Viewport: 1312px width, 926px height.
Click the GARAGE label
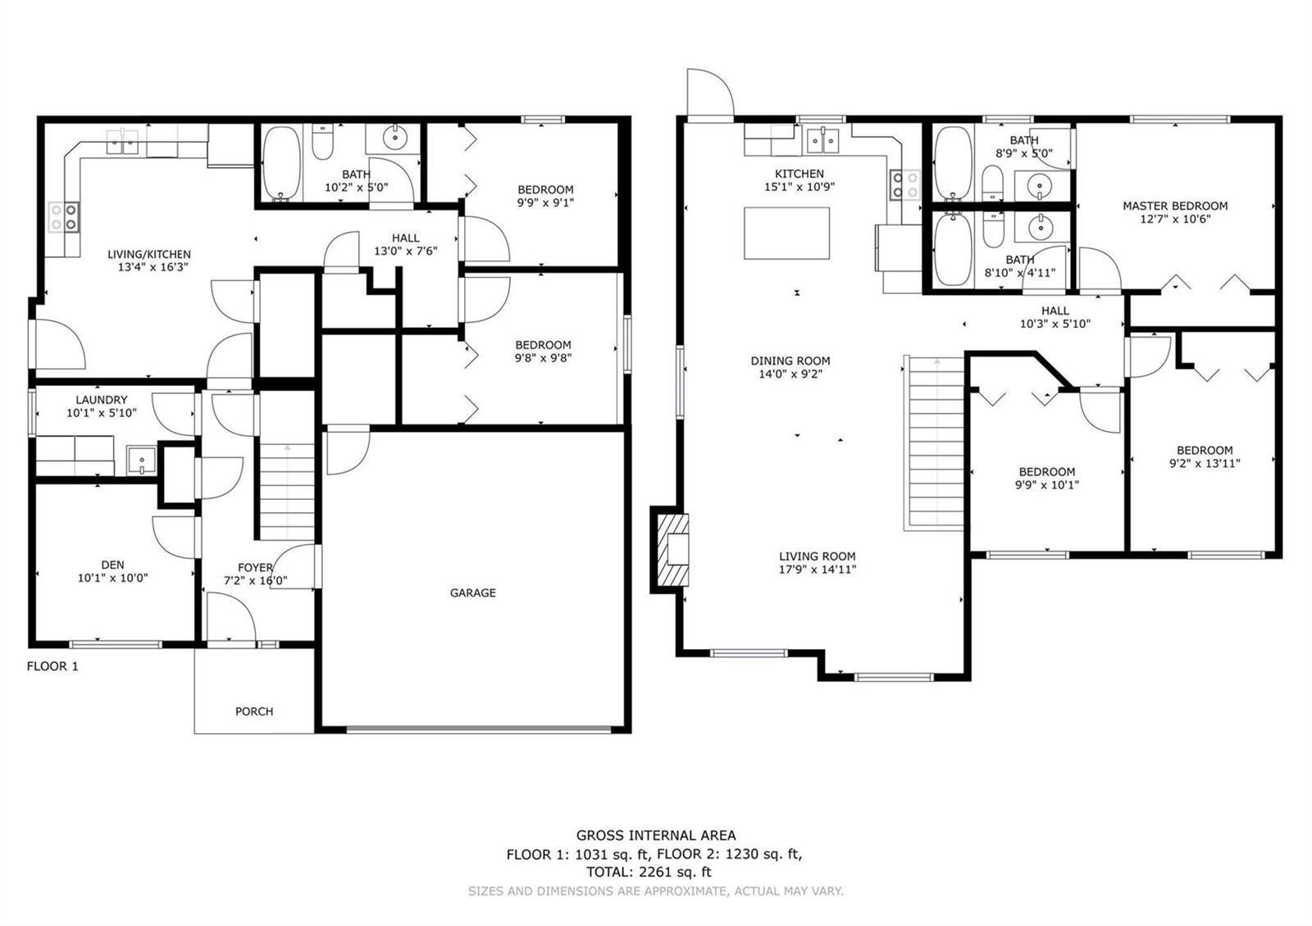[x=472, y=593]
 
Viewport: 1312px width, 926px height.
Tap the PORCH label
[x=254, y=711]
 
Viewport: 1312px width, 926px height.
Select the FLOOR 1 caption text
[x=52, y=666]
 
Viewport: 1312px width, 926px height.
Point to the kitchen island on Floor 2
[x=786, y=233]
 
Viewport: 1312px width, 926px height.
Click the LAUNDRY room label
[x=102, y=400]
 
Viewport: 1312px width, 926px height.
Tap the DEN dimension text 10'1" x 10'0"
[x=112, y=579]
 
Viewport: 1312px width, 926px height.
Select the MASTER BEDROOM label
[x=1175, y=206]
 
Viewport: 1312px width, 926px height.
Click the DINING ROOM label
[x=790, y=361]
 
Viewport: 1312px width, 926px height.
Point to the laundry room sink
[x=141, y=461]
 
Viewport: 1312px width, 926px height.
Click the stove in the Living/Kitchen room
[x=64, y=216]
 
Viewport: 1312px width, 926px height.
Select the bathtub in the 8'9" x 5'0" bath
[x=953, y=163]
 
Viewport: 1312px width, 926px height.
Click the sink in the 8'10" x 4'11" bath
[x=1041, y=226]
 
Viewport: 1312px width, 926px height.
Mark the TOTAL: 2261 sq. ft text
[x=649, y=872]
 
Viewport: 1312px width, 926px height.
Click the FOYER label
[x=255, y=568]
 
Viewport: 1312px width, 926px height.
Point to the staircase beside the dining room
[x=934, y=443]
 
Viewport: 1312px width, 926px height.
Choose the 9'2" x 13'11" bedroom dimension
[x=1205, y=464]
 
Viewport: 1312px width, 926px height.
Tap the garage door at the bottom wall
[x=478, y=729]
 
